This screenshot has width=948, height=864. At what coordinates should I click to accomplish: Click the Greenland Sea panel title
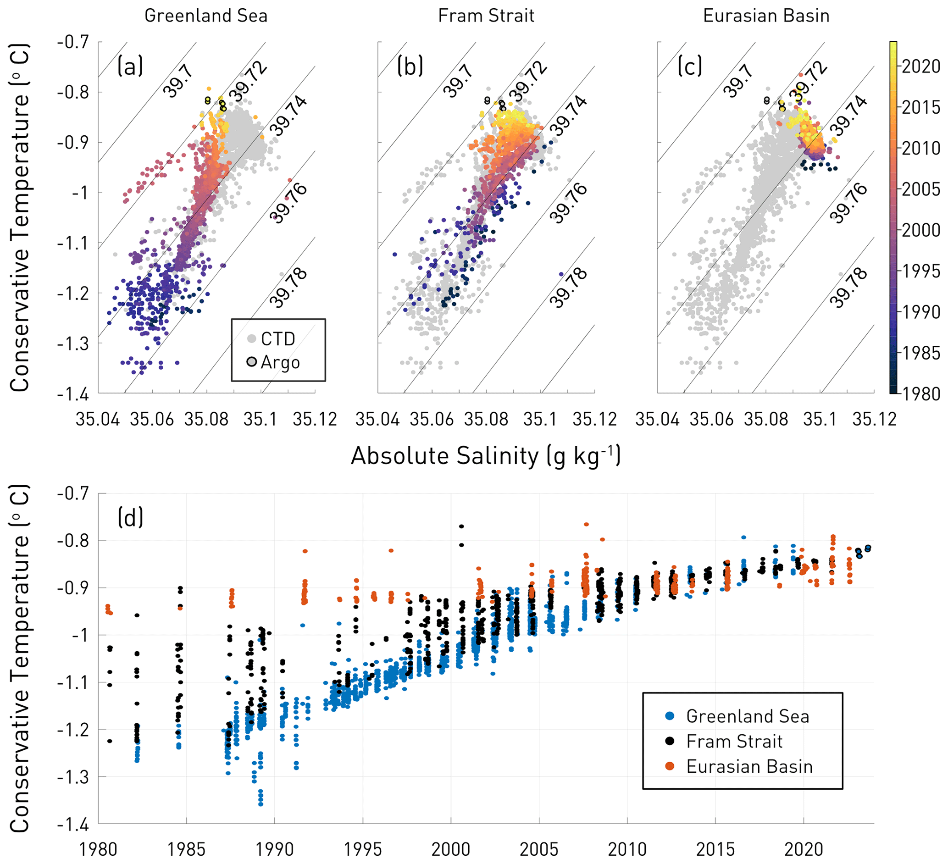coord(205,16)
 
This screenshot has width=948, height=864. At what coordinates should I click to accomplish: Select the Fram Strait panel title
coord(486,16)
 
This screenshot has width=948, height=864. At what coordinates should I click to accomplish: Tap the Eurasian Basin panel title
coord(766,16)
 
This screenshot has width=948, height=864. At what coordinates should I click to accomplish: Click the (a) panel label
coord(130,66)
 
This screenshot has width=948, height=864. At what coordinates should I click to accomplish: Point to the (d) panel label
coord(130,518)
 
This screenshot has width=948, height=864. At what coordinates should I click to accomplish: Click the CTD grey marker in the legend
coord(252,338)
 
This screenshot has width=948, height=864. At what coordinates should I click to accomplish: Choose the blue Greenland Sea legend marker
coord(670,716)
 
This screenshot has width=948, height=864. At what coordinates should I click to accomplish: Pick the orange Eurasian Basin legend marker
coord(670,767)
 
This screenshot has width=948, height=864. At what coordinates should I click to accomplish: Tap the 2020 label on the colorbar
coord(921,67)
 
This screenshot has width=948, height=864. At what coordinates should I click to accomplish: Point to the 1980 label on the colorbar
coord(921,394)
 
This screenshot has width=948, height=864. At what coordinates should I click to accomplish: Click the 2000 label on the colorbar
coord(921,230)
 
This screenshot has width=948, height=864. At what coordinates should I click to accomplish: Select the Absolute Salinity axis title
coord(486,456)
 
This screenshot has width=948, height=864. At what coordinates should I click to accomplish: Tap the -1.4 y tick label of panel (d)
coord(73,824)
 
